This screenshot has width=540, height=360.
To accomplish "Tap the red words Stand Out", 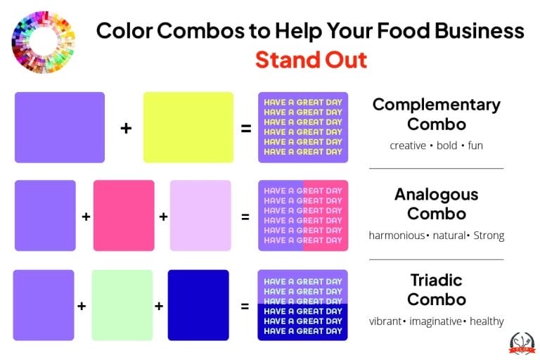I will (x=311, y=59).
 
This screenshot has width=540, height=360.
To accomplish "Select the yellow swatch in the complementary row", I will (x=188, y=127).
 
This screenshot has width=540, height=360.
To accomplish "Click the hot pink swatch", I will (x=124, y=215).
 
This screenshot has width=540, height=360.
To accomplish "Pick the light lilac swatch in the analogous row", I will (x=200, y=215).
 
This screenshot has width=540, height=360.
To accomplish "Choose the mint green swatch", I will (x=122, y=305).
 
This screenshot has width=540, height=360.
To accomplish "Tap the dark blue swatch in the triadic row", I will (x=198, y=305).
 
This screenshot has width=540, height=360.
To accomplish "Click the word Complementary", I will (x=436, y=105).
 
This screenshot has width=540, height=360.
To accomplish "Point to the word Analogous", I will (x=436, y=194).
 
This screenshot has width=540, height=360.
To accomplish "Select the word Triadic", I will (x=436, y=280).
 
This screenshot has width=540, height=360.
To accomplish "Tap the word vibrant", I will (x=385, y=321).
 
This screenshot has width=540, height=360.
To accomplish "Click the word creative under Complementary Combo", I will (x=408, y=146).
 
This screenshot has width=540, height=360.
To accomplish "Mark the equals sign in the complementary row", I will (x=246, y=129).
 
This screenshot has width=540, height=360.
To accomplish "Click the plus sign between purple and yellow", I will (x=126, y=129).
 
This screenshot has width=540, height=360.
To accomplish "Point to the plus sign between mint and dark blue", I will (x=159, y=306).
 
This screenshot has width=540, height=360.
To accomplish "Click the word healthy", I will (x=487, y=321).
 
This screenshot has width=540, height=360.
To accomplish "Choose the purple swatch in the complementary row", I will (x=60, y=127).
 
